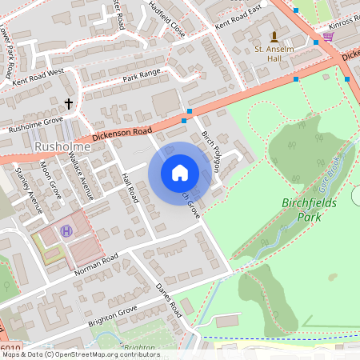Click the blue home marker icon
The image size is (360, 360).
pyautogui.click(x=180, y=172)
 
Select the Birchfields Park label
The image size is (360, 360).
pyautogui.click(x=311, y=210)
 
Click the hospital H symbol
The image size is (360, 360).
pyautogui.click(x=66, y=232)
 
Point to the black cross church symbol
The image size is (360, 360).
pyautogui.click(x=69, y=103)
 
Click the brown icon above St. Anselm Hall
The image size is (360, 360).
pyautogui.click(x=275, y=36)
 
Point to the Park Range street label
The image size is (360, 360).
pyautogui.click(x=142, y=77)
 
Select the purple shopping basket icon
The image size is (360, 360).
pyautogui.click(x=328, y=37)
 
